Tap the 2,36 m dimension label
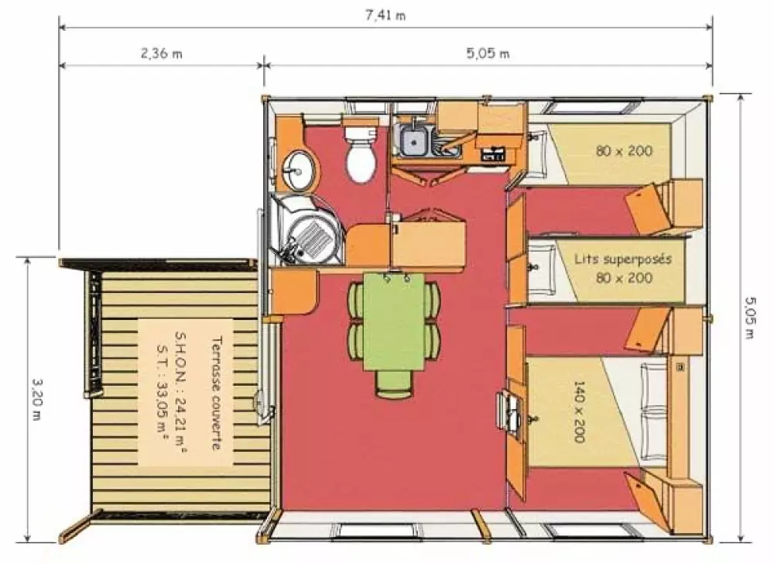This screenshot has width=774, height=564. tap(161, 54)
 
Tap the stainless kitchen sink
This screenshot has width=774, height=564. tap(414, 140)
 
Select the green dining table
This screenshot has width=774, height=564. tap(394, 322)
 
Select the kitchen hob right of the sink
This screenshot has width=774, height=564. tap(492, 153)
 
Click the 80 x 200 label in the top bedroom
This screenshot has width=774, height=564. tap(624, 151)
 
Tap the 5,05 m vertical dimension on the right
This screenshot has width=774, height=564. tap(750, 318)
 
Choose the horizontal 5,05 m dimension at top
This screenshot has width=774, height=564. tap(488, 54)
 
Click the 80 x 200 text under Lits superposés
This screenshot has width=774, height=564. tap(624, 277)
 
